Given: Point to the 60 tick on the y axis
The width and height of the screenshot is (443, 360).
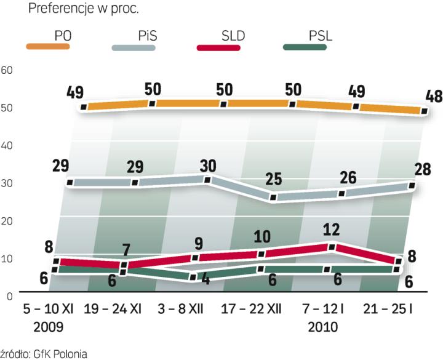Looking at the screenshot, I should point(7,70).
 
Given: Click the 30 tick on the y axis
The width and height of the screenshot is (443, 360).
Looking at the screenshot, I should point(7,183).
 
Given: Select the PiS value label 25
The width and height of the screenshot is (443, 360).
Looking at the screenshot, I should point(273,180).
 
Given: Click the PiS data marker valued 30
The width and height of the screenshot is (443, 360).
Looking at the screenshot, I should point(208,180).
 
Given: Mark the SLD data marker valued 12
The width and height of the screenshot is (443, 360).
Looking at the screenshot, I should point(332,247).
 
